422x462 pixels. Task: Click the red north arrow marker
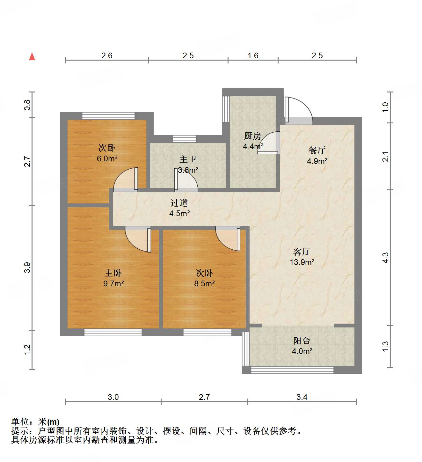point(32,56)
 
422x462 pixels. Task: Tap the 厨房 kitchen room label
point(252,136)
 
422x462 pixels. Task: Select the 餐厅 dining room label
point(317,150)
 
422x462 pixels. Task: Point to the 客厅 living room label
point(302,252)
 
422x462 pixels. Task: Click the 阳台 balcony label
point(302,341)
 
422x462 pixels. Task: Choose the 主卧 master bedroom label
point(113,273)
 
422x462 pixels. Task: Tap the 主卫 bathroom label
point(188,159)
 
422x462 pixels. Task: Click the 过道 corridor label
point(179,203)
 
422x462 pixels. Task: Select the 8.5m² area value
point(204,283)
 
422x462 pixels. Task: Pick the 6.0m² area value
point(107,158)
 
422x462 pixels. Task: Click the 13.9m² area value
point(302,262)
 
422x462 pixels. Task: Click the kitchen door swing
point(269,143)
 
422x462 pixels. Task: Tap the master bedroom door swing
point(138,238)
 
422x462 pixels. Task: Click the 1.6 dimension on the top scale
point(253,56)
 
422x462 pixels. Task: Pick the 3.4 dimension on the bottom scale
point(302,397)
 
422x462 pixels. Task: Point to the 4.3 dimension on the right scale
point(385,258)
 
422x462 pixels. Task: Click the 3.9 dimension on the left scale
point(27,267)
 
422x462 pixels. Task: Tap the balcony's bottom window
point(292,370)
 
